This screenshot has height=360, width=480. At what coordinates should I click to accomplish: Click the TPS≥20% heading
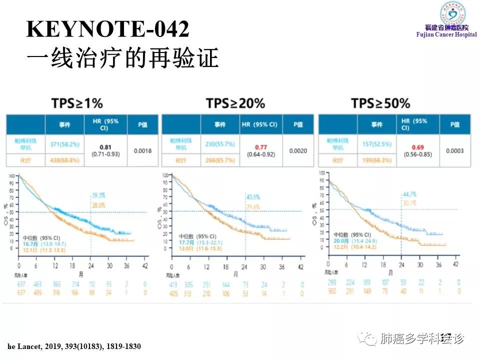click(x=235, y=103)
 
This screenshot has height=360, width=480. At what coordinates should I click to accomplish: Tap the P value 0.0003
click(x=455, y=150)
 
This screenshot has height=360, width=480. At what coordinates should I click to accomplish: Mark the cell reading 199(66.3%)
click(x=377, y=160)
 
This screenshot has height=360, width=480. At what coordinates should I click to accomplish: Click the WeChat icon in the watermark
click(x=370, y=339)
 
